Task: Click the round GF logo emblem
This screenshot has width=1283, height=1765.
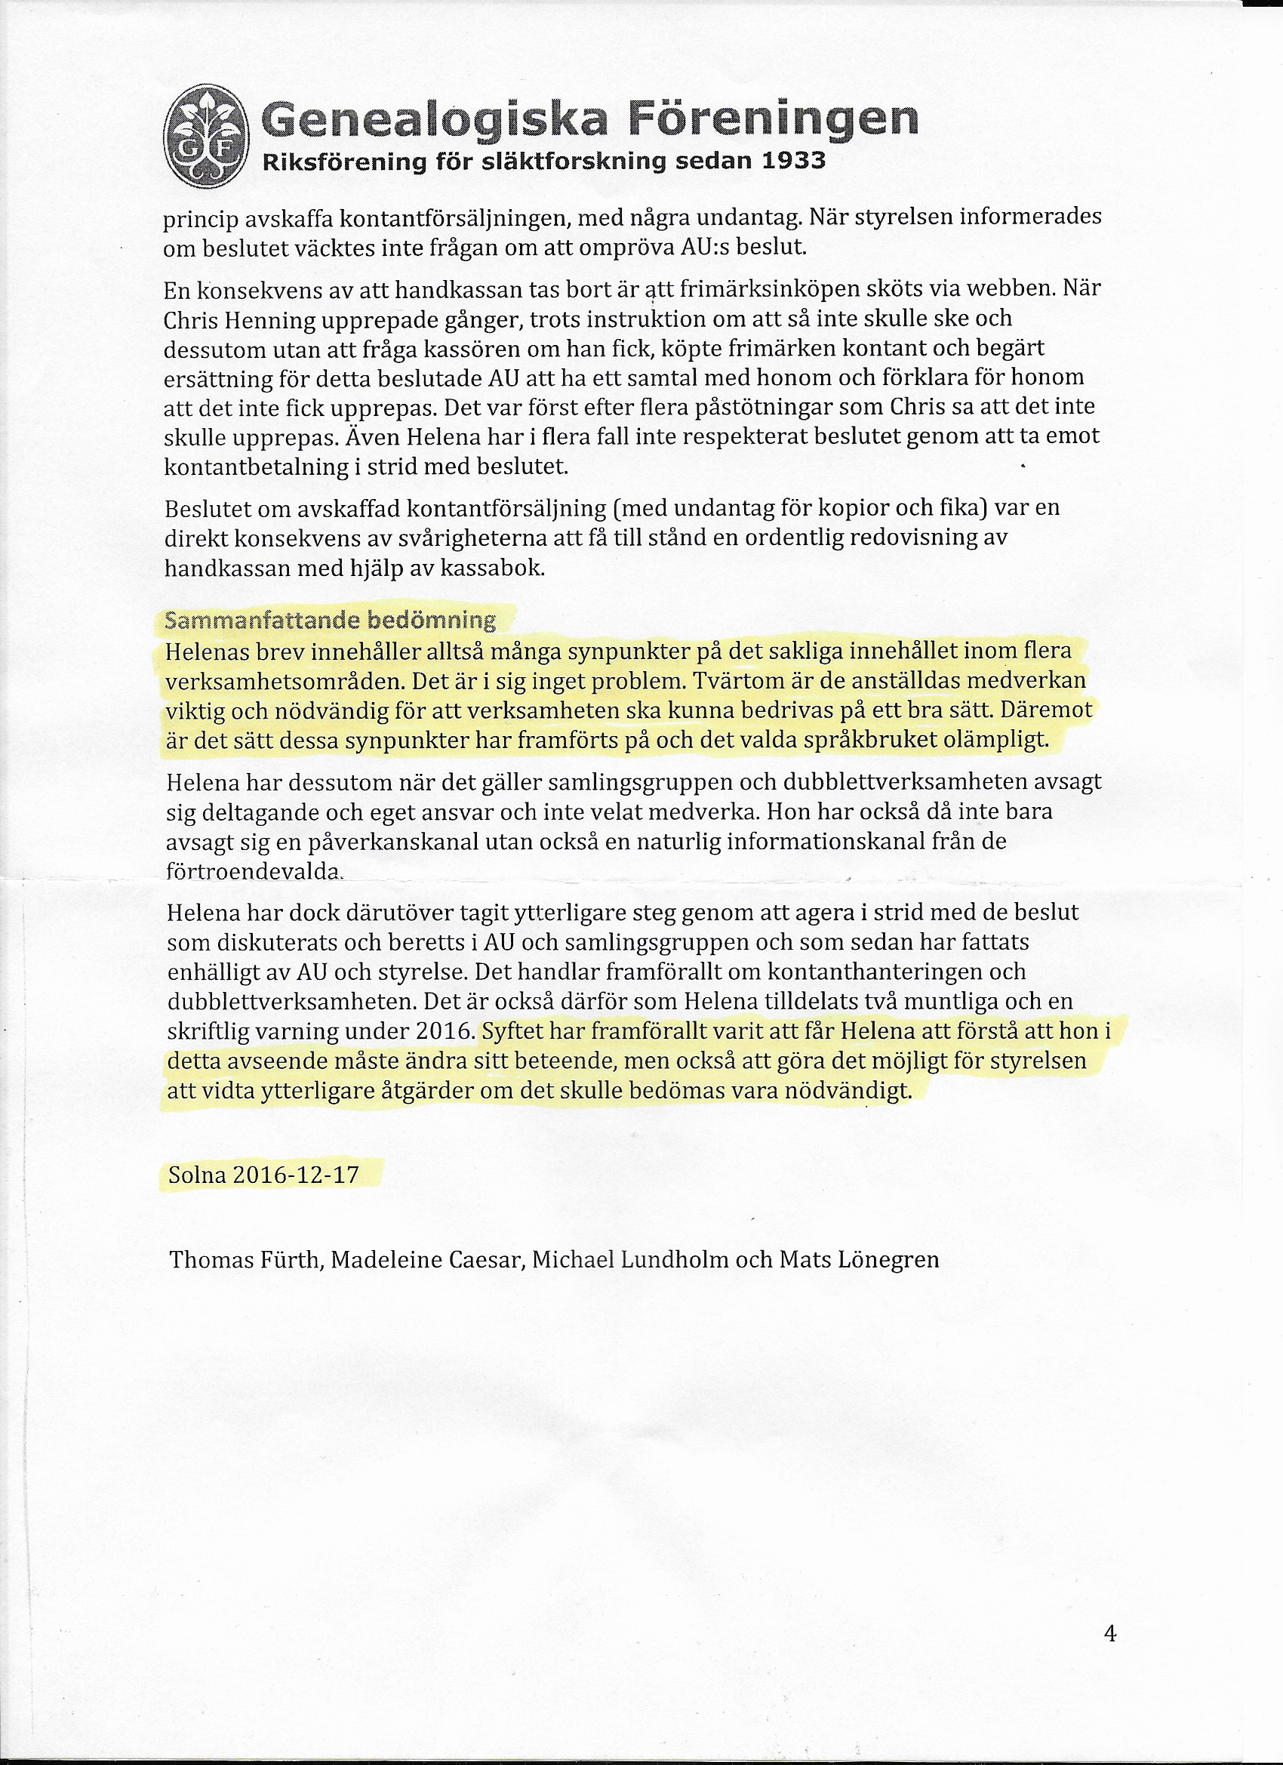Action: (x=207, y=137)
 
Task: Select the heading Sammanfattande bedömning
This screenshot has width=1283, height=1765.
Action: (x=330, y=621)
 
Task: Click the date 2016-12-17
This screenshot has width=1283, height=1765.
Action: (x=296, y=1175)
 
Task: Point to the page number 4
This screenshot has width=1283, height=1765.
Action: (x=1109, y=1634)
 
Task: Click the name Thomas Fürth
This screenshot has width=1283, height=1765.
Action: (x=245, y=1260)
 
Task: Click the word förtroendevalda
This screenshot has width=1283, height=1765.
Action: (x=254, y=872)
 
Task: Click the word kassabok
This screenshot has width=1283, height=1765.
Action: (x=493, y=568)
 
